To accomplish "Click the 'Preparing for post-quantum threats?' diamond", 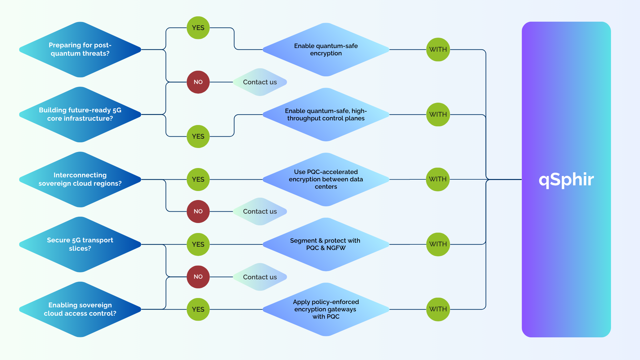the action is (80, 50).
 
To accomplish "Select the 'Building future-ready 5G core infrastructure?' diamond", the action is (80, 114).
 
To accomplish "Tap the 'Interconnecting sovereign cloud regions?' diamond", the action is (80, 179).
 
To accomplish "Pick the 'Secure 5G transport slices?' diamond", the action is (80, 244).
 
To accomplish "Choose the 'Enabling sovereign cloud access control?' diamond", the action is (80, 309).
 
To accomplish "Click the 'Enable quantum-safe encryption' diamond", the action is (326, 50).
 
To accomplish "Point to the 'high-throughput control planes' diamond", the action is (326, 114).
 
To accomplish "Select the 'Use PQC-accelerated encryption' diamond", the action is (326, 179).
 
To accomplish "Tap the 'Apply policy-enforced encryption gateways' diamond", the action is (326, 309).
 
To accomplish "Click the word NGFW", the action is (336, 248).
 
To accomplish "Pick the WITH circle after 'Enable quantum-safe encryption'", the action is (438, 49).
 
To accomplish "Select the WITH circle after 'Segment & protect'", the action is (438, 244).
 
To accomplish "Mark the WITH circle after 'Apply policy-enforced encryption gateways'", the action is (438, 309).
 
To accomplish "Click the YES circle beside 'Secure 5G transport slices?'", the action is (198, 244).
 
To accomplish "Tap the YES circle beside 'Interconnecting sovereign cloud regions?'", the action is (198, 179).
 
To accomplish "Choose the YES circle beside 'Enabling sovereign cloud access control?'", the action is (198, 309).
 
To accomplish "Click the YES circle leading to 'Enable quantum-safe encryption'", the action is (198, 28).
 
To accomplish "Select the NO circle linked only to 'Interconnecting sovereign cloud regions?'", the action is (198, 211).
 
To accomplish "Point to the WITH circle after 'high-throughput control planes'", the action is (438, 114).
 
